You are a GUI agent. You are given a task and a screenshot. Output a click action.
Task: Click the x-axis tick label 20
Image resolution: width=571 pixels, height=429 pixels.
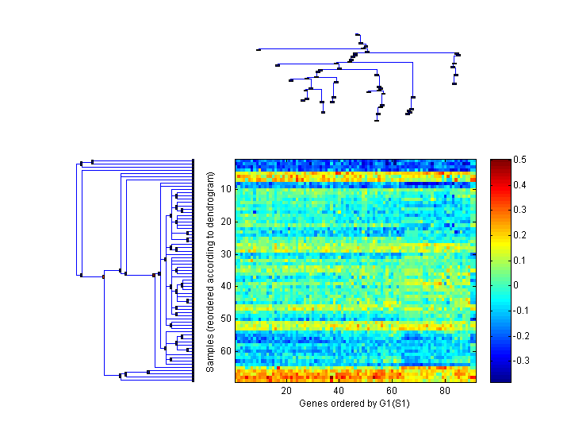point(286,391)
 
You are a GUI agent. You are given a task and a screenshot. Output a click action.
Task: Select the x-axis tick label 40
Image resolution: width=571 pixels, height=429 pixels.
point(339,391)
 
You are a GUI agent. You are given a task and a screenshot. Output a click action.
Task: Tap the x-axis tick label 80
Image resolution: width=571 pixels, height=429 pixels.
point(444,391)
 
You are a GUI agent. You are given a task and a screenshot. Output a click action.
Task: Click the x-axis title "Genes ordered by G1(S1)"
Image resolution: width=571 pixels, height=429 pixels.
point(354,404)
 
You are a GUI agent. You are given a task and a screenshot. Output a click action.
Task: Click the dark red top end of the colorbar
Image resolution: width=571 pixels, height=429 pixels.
point(500,164)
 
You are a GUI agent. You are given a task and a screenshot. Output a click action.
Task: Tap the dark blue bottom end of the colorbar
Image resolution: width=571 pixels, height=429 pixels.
point(500,378)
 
